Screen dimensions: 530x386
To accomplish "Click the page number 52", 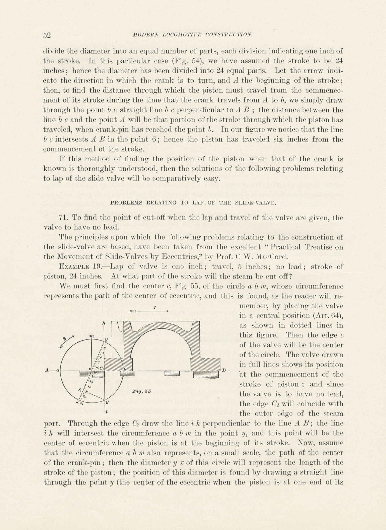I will (47, 35).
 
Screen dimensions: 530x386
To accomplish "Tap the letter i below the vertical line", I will (107, 412).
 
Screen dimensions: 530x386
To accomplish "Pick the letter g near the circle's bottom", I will (107, 402).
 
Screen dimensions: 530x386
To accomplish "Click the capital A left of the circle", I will (47, 370).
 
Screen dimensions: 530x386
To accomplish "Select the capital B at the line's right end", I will (224, 370).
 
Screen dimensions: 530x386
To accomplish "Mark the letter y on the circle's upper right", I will (106, 339).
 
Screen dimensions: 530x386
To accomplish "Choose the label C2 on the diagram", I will (101, 368).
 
